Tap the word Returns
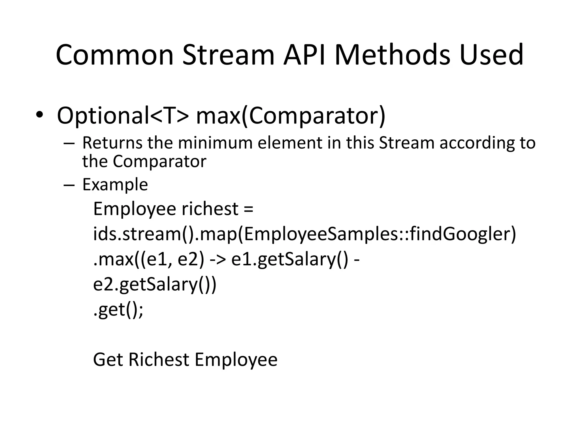pyautogui.click(x=112, y=143)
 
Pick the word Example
pyautogui.click(x=115, y=185)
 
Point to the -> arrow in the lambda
pyautogui.click(x=218, y=259)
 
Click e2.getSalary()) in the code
pyautogui.click(x=155, y=284)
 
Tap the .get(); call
pyautogui.click(x=118, y=310)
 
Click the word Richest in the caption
pyautogui.click(x=159, y=360)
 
